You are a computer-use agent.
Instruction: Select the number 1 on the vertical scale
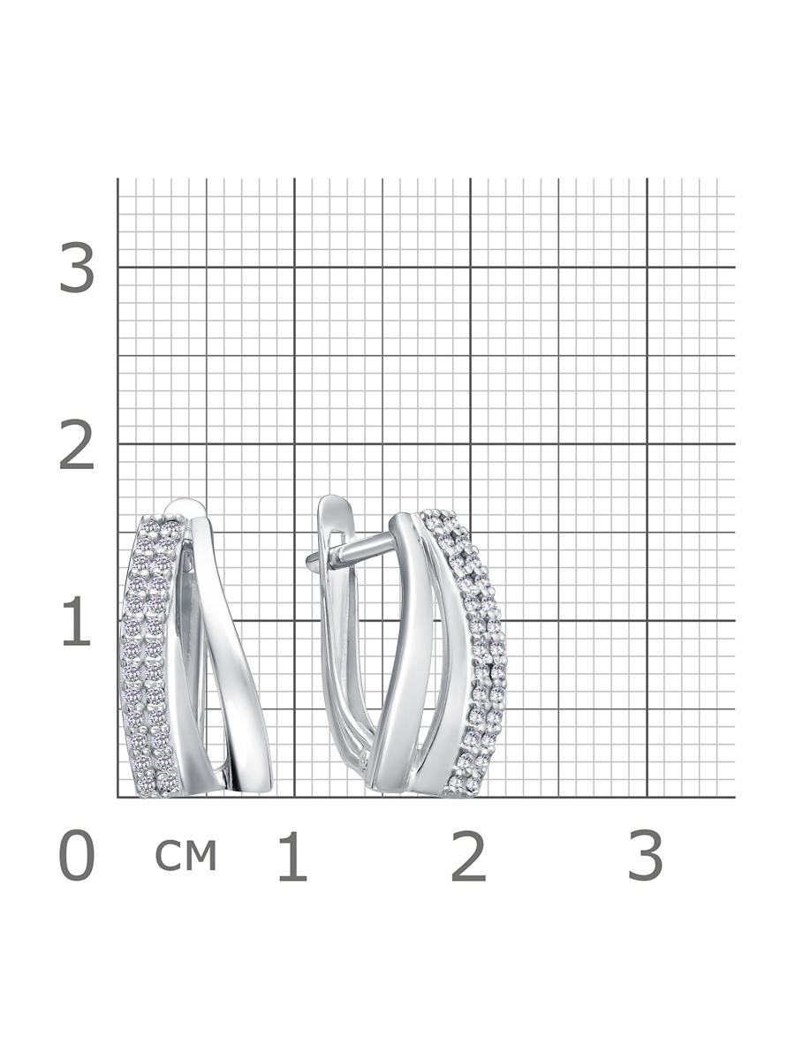tap(76, 621)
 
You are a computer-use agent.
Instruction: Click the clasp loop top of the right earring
tap(333, 501)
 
